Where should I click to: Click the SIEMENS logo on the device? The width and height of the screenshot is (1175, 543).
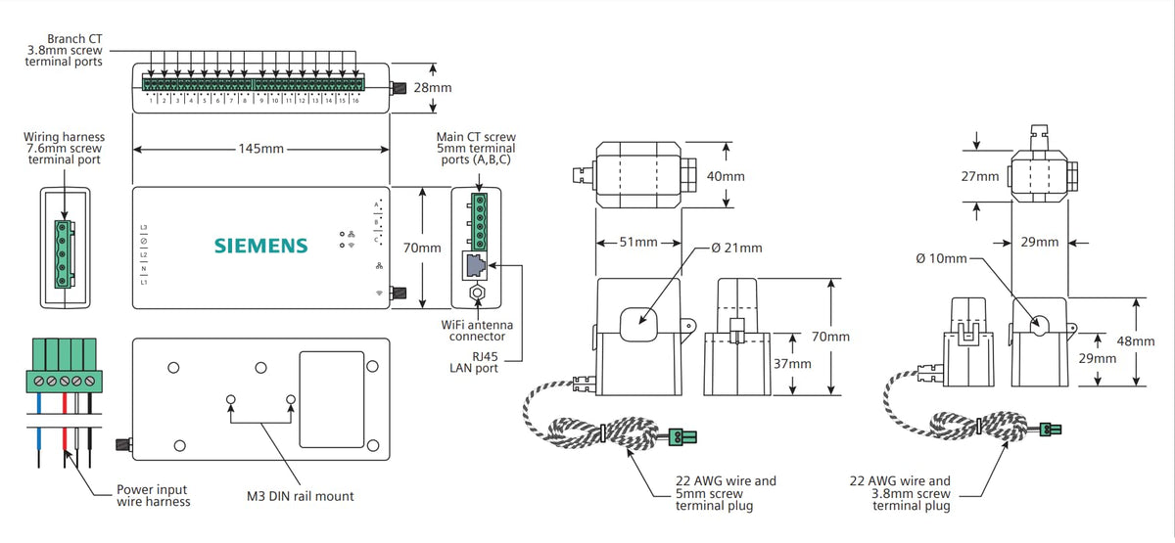click(x=260, y=245)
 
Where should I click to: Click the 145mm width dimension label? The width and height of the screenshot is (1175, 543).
click(x=260, y=149)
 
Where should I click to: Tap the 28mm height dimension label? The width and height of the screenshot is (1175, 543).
click(x=433, y=88)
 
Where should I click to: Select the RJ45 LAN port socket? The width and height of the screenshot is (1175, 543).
click(x=476, y=264)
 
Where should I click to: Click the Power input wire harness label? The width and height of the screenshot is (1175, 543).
click(x=154, y=496)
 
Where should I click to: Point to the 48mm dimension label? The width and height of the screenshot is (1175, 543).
click(x=1136, y=341)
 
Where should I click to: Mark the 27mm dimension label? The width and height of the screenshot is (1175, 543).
click(x=980, y=176)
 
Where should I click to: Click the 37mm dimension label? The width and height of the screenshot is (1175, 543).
click(x=791, y=364)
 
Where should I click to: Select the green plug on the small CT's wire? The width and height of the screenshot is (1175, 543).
click(x=1052, y=429)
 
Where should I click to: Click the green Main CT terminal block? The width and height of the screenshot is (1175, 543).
click(x=477, y=221)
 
